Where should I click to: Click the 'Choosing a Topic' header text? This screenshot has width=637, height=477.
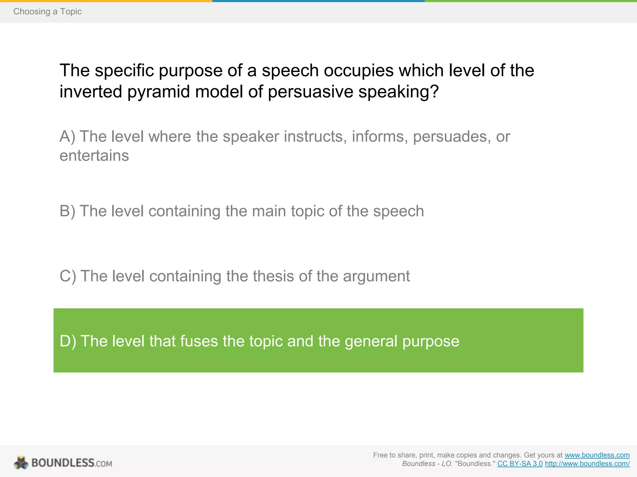(x=47, y=11)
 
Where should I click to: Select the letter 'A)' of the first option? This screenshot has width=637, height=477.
(x=67, y=137)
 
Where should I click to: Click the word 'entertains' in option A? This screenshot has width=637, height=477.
(x=94, y=156)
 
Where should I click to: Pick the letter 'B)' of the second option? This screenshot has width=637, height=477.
(x=67, y=211)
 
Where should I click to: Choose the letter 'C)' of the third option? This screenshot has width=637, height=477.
(x=68, y=276)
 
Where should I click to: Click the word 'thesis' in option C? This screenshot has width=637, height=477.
(x=273, y=276)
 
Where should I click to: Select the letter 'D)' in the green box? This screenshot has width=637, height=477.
(x=68, y=341)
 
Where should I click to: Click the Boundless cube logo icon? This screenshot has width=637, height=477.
(x=21, y=463)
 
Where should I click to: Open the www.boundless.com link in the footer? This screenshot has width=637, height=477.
(x=597, y=455)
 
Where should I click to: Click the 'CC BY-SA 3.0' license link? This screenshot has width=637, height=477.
(x=520, y=464)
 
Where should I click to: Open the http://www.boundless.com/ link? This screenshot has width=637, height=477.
(x=587, y=464)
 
